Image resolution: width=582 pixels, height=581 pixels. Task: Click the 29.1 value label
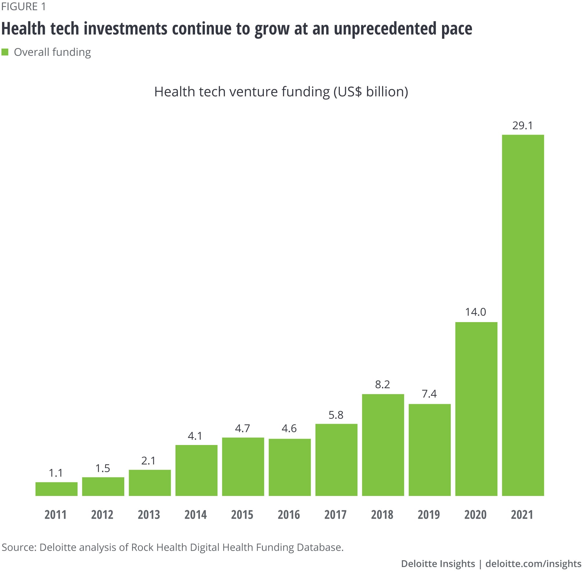coord(523,126)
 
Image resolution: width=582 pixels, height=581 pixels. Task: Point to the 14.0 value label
coord(476,312)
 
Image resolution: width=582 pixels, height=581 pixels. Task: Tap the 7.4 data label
coord(429,394)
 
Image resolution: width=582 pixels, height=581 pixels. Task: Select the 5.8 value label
coord(336,415)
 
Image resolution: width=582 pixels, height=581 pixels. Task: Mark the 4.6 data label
coord(289,428)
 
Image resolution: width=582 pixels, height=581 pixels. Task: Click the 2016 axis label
coord(289,515)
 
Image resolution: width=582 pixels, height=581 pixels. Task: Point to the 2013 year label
coord(149,515)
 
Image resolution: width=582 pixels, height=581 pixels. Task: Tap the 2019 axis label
coord(429,515)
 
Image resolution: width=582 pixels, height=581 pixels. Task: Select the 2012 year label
coord(102,515)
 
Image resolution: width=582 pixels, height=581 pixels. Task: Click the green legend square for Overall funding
coord(5,52)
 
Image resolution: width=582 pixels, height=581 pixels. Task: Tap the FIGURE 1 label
coord(24,7)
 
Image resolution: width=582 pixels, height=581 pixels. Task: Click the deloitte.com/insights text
coord(533,564)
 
